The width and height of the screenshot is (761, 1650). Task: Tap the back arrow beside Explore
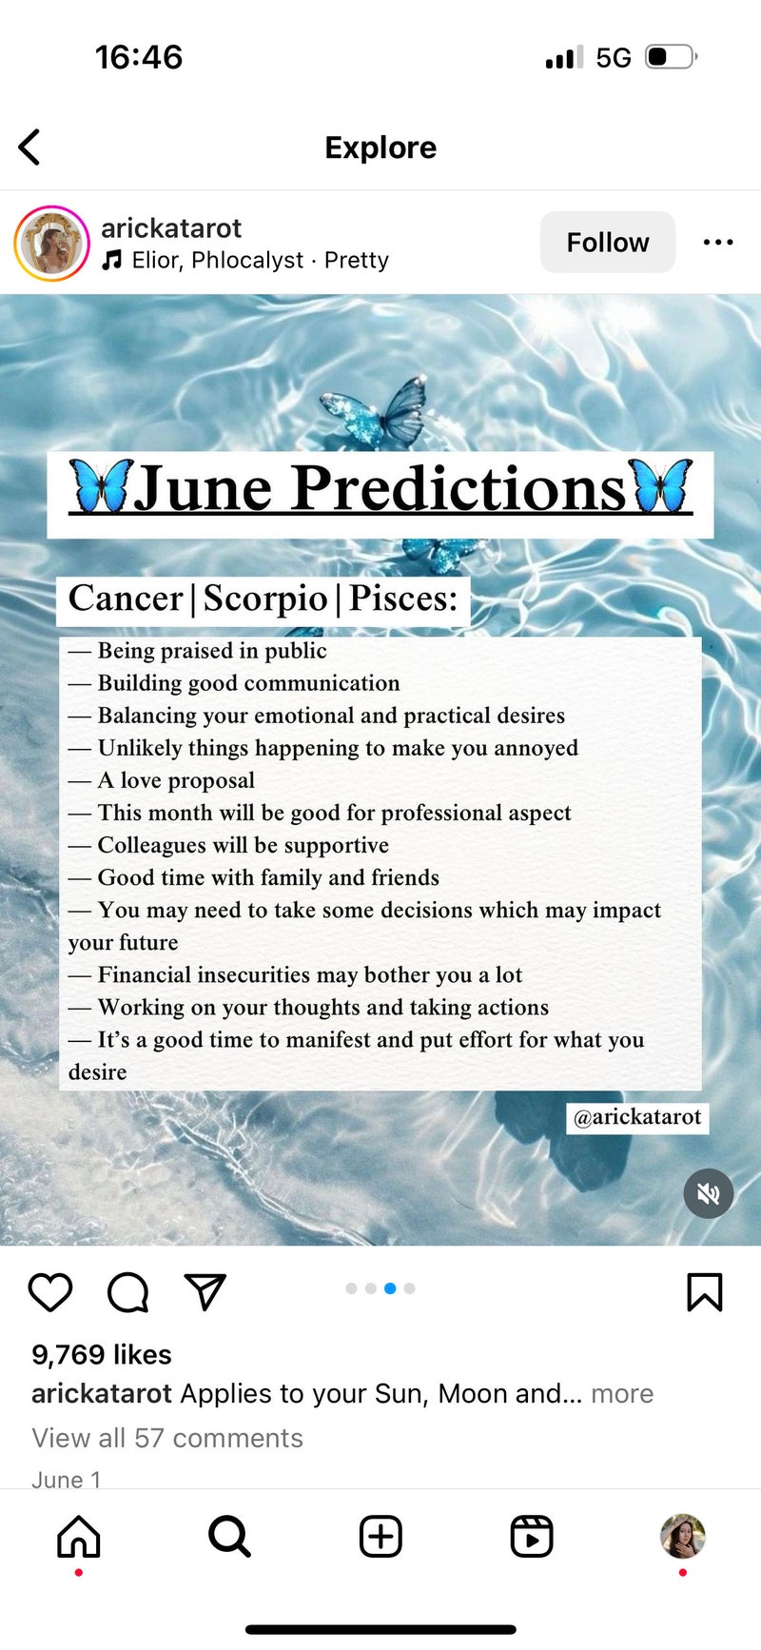pos(29,147)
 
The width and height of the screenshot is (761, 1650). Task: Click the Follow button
pos(608,242)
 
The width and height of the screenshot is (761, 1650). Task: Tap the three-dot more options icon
pos(718,242)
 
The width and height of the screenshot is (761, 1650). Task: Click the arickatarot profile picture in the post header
pos(51,243)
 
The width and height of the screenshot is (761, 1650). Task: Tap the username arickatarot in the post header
pos(171,228)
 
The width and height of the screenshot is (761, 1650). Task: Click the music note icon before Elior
pos(112,260)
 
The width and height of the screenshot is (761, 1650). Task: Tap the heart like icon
pos(50,1292)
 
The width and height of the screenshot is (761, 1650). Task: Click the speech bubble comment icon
pos(127,1292)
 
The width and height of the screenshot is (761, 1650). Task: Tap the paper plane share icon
pos(205,1291)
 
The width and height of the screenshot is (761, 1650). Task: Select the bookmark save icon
pos(705,1292)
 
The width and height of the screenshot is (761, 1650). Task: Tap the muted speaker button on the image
pos(709,1193)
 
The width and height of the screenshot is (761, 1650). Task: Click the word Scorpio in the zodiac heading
pos(265,599)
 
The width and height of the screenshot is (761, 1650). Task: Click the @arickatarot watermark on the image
pos(637,1117)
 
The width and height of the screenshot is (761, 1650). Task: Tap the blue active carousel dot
pos(390,1288)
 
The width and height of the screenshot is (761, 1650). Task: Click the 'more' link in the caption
pos(622,1394)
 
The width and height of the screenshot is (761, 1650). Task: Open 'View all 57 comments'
pos(167,1438)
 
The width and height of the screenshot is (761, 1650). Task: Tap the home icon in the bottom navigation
pos(79,1536)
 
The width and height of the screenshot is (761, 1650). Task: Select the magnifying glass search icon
pos(229,1536)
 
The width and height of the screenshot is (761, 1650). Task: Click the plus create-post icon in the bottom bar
pos(380,1536)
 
